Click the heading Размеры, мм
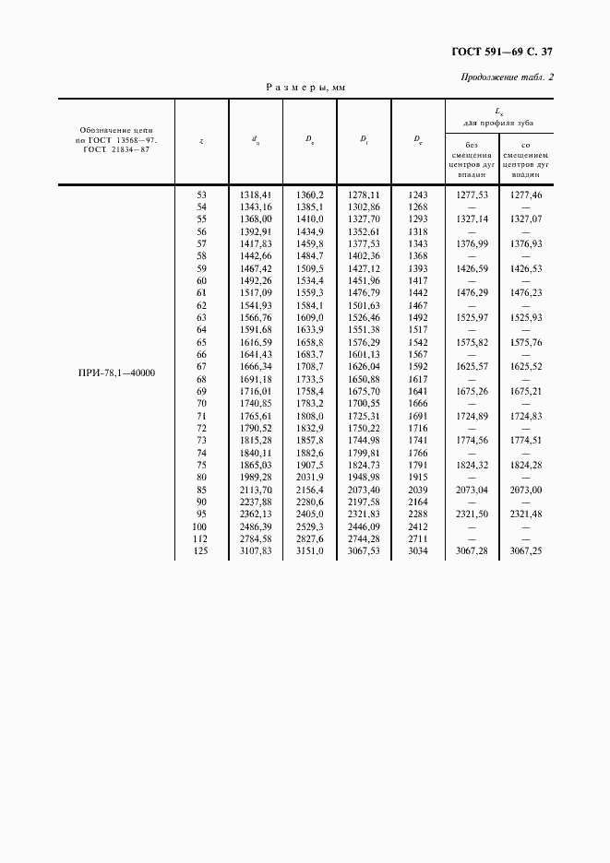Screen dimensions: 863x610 tap(305, 88)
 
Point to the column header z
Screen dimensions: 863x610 tap(201, 140)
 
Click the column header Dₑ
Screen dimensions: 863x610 tap(309, 140)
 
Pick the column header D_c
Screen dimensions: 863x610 tap(418, 140)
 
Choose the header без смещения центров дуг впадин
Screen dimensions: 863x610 tap(471, 159)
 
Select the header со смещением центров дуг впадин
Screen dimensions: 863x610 tap(525, 159)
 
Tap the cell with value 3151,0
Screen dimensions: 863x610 tap(309, 551)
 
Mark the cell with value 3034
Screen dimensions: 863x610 tap(418, 551)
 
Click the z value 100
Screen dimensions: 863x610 tap(201, 526)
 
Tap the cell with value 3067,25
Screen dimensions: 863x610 tap(525, 551)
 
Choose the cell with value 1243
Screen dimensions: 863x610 tap(418, 195)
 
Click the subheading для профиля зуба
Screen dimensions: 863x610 tap(498, 123)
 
